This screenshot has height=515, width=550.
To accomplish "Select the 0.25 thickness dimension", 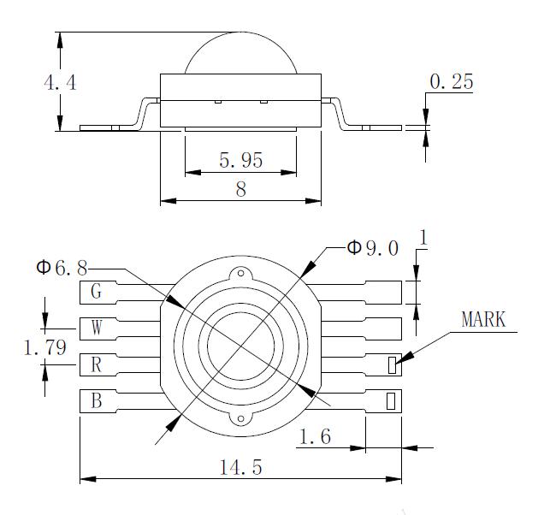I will coord(451,82).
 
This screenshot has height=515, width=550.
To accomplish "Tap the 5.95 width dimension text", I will coord(240,160).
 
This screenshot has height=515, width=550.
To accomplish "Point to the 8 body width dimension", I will coord(240,190).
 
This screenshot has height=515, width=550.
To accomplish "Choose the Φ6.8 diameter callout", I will coord(62,269).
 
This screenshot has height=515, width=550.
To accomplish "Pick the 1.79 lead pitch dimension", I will coord(44,348).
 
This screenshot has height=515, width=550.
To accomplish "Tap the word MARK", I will coord(483,320).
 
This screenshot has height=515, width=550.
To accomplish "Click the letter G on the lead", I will coord(97,293).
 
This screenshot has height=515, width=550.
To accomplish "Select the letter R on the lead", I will coord(97,365).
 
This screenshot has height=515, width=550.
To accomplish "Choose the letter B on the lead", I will coord(97,400).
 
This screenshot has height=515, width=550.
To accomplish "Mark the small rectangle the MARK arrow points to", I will coord(392,365).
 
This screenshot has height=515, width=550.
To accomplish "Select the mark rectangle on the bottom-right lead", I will coord(392,400).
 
